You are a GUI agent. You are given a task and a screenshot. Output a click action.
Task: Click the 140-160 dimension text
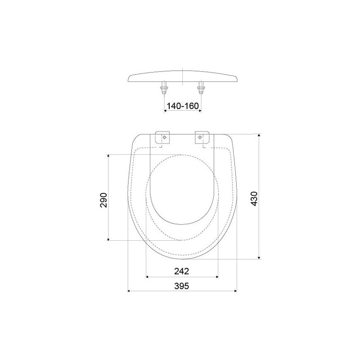click(x=182, y=106)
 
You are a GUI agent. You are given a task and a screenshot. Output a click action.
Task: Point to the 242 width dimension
click(x=182, y=271)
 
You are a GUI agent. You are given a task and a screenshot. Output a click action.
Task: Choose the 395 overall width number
click(x=182, y=286)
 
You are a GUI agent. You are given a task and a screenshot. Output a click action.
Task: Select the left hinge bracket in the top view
click(x=163, y=138)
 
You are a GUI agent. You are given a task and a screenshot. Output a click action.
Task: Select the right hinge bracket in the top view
click(x=202, y=138)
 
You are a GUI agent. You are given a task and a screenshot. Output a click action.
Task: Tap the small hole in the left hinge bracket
click(x=165, y=137)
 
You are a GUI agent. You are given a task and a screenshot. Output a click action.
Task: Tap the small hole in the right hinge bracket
click(x=200, y=137)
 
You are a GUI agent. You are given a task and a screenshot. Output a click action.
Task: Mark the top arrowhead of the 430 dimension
click(x=259, y=135)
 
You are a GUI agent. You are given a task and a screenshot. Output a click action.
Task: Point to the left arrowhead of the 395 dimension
click(x=130, y=291)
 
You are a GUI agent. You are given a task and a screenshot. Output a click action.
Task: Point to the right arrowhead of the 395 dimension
click(x=235, y=291)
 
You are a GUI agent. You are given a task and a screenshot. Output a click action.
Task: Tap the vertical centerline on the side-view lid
click(x=182, y=76)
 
